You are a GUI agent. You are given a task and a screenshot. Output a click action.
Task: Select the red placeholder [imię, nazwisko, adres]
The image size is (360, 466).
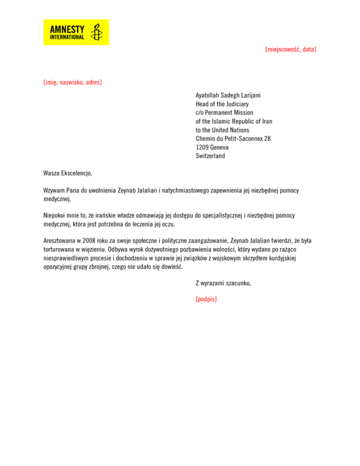[x=72, y=83]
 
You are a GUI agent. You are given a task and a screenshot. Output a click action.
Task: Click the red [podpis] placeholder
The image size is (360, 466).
[x=206, y=298]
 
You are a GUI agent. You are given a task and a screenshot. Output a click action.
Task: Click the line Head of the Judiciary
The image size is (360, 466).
[x=222, y=104]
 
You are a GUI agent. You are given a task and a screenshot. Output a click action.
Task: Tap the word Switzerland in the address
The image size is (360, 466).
[x=210, y=156]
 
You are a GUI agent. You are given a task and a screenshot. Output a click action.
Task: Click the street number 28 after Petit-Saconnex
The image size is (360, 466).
[x=267, y=138]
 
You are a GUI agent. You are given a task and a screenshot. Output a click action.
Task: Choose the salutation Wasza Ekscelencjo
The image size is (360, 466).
[x=67, y=173]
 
